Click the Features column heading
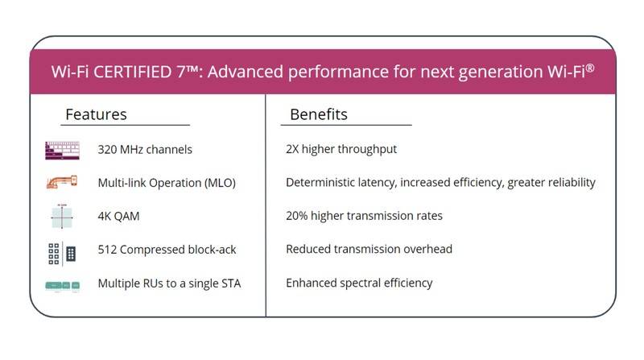pyautogui.click(x=96, y=114)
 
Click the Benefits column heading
pyautogui.click(x=319, y=114)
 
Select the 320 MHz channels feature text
pyautogui.click(x=145, y=149)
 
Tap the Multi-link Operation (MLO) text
pyautogui.click(x=167, y=183)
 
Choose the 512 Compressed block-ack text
pyautogui.click(x=167, y=250)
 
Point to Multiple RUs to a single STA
pyautogui.click(x=169, y=283)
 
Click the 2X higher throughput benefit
pyautogui.click(x=341, y=149)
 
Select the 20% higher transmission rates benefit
pyautogui.click(x=364, y=216)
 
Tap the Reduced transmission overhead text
pyautogui.click(x=369, y=250)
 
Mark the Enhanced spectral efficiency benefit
pyautogui.click(x=359, y=283)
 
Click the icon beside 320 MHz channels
pyautogui.click(x=62, y=150)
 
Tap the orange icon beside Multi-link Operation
pyautogui.click(x=62, y=182)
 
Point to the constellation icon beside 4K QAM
pyautogui.click(x=62, y=216)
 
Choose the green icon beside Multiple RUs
pyautogui.click(x=62, y=285)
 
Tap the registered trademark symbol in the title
pyautogui.click(x=590, y=67)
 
